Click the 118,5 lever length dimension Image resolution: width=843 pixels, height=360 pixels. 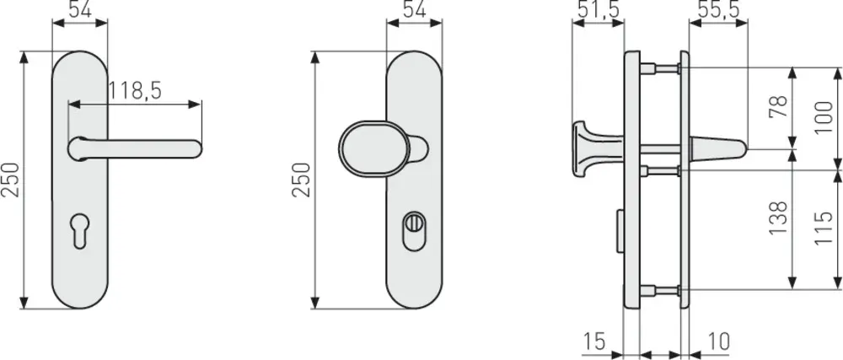pyautogui.click(x=135, y=91)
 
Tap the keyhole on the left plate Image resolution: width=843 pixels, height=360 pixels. pyautogui.click(x=79, y=230)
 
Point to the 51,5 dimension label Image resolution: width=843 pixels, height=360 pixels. pyautogui.click(x=598, y=9)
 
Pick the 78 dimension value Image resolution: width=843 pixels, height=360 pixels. pyautogui.click(x=778, y=106)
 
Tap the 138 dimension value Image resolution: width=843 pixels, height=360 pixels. pyautogui.click(x=778, y=217)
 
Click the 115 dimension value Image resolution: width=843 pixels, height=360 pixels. pyautogui.click(x=824, y=228)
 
